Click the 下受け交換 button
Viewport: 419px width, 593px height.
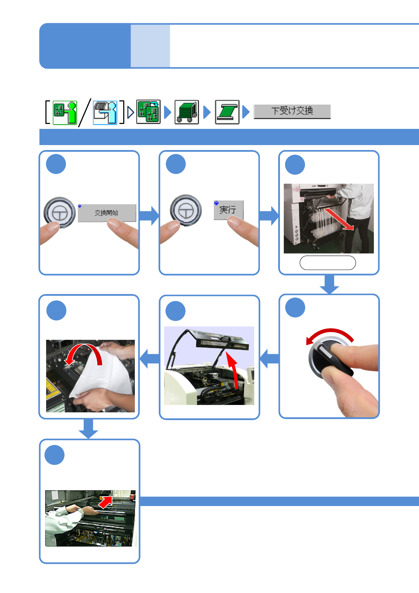click(x=292, y=112)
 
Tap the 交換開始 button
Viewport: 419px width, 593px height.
click(x=107, y=213)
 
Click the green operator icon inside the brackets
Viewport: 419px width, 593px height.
click(x=65, y=113)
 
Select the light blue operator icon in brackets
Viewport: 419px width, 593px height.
click(x=105, y=113)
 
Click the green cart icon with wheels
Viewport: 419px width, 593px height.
click(x=187, y=112)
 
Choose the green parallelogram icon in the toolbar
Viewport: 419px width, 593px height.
click(x=227, y=112)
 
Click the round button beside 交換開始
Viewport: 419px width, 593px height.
click(x=60, y=213)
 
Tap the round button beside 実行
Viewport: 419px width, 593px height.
click(x=186, y=211)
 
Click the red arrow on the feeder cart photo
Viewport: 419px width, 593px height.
click(x=339, y=219)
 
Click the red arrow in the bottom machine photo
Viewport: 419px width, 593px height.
click(x=106, y=502)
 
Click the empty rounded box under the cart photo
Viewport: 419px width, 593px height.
click(x=328, y=263)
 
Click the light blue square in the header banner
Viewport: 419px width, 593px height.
click(x=150, y=46)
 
